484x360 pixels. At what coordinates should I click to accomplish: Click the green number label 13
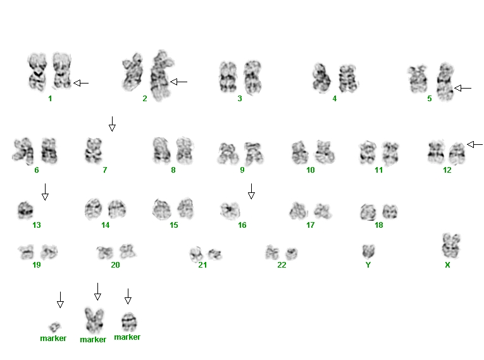(x=37, y=225)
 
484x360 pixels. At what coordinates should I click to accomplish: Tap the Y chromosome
(x=368, y=251)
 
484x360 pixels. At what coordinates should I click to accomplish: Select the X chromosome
(x=451, y=245)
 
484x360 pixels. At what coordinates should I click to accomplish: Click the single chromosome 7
(x=94, y=151)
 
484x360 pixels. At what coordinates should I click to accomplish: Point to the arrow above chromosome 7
(x=113, y=124)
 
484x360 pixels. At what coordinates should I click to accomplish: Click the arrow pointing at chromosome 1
(x=81, y=83)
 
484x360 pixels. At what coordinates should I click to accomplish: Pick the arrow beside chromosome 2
(x=178, y=82)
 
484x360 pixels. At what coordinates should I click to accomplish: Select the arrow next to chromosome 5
(x=463, y=89)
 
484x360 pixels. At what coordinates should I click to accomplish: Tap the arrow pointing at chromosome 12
(x=475, y=144)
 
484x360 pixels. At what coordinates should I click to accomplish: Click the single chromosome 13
(x=26, y=210)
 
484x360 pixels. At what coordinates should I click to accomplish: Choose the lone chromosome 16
(x=230, y=210)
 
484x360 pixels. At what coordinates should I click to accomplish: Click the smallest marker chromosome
(x=55, y=326)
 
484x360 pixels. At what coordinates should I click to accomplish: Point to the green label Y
(x=368, y=265)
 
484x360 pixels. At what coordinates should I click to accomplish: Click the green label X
(x=447, y=265)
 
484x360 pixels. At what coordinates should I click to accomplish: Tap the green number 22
(x=282, y=265)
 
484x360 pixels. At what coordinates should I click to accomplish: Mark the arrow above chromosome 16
(x=251, y=192)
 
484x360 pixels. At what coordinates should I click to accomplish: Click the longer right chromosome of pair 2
(x=161, y=76)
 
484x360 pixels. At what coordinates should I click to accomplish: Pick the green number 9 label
(x=242, y=170)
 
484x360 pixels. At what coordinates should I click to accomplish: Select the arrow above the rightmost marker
(x=128, y=296)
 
